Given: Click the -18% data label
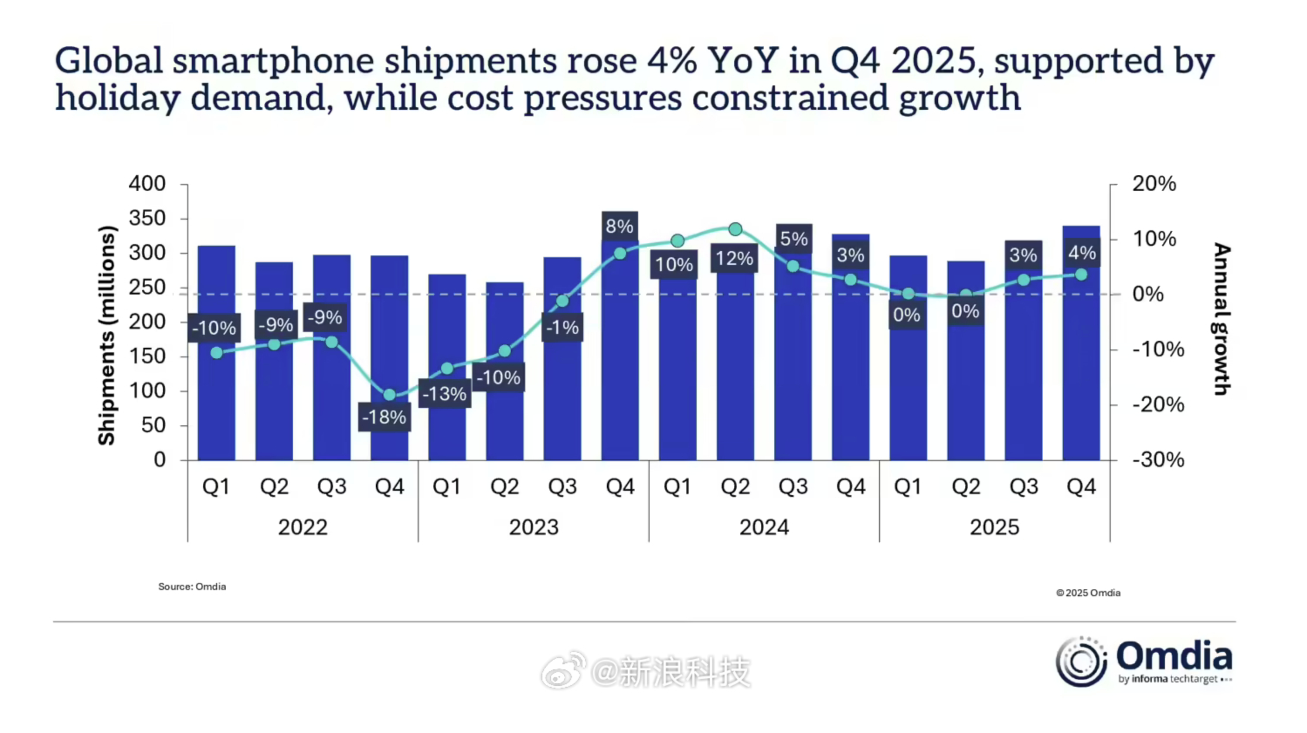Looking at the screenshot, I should coord(384,417).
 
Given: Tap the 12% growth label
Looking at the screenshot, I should coord(734,259).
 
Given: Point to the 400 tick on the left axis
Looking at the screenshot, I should coord(147,183).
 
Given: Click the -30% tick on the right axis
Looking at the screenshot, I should coord(1158,460).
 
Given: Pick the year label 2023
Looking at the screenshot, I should coord(533,528).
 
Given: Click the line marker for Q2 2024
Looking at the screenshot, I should coord(735,230).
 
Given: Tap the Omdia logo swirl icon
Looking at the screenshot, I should coord(1081,662).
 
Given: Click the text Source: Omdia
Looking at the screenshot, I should coord(192,587).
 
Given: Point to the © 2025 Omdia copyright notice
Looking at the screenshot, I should coord(1088,593).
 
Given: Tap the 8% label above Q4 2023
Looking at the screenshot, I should coord(619,226).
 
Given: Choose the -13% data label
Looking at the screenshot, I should coord(445,394).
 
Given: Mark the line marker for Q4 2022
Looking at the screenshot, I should coord(390,395).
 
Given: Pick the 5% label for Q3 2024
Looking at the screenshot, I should coord(793,238).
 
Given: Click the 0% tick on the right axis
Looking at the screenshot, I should coord(1148,294).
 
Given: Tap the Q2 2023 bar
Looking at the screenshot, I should coord(504,406).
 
